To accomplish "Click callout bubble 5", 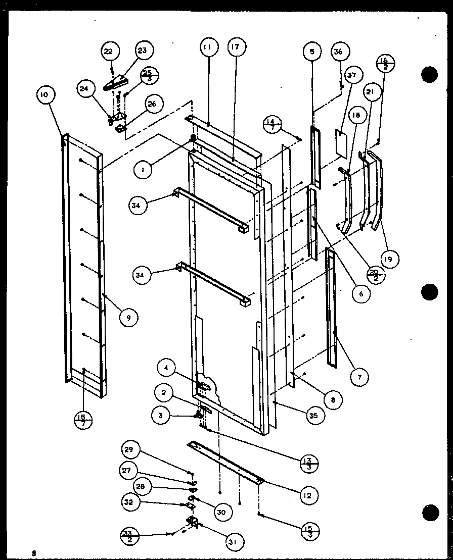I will (x=312, y=52).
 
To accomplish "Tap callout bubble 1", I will (x=144, y=171).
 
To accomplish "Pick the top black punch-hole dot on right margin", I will (x=429, y=75).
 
